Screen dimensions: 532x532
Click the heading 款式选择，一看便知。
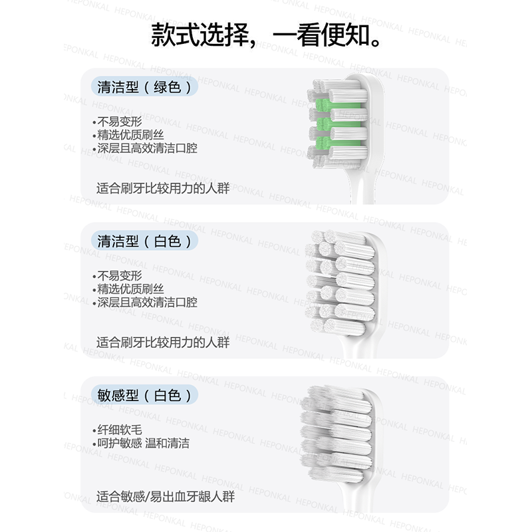pos(266,34)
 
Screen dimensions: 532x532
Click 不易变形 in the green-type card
pos(118,122)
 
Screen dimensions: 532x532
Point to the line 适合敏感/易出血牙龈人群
pos(165,497)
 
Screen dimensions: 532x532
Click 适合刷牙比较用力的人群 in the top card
pos(163,188)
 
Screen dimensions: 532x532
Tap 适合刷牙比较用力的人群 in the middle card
pos(163,342)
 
